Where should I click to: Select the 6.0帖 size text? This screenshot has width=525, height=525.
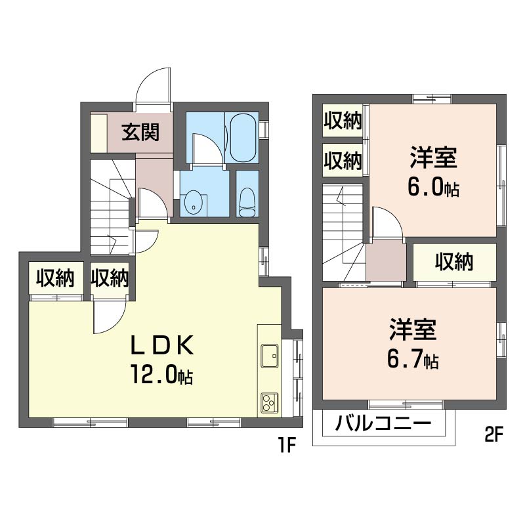click(433, 189)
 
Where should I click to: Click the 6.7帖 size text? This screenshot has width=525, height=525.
click(413, 360)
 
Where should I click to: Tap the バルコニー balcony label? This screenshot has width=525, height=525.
click(383, 423)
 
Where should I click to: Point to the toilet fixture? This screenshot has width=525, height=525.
click(247, 200)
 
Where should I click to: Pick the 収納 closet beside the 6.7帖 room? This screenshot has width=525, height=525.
click(454, 262)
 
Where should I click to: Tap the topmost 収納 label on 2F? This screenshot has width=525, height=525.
click(343, 121)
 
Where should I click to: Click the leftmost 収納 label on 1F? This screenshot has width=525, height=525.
click(54, 278)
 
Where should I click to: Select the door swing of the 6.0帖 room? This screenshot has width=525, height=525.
click(387, 223)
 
